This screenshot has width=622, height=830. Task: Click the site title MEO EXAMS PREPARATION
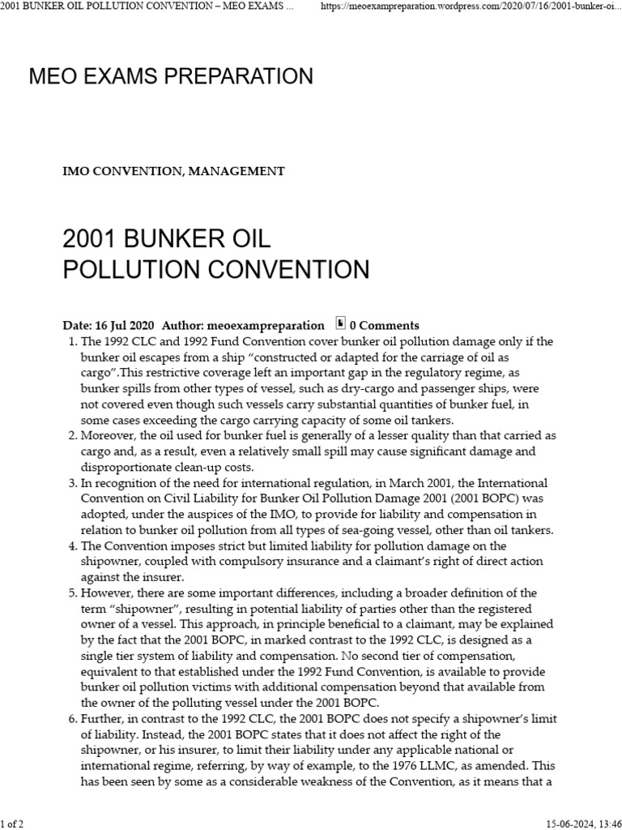pos(171,77)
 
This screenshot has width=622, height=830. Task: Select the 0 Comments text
pos(384,325)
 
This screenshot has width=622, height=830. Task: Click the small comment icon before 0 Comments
pos(340,323)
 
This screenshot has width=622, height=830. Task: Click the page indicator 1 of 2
pos(13,824)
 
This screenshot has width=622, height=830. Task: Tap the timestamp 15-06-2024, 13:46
pos(577,824)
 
